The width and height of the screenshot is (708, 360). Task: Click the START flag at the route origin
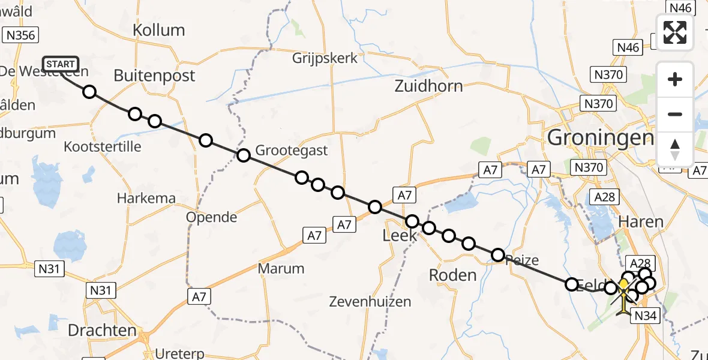61,64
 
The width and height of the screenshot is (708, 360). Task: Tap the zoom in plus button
675,80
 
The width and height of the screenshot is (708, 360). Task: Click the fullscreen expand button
675,32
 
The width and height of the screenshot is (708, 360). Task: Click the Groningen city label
600,139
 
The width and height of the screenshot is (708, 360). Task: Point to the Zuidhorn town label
428,86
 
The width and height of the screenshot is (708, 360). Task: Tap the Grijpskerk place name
325,58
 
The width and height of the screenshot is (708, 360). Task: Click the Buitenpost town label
154,76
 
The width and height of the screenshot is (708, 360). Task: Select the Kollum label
158,30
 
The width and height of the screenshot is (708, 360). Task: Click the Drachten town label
102,330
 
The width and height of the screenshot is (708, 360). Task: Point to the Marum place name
281,268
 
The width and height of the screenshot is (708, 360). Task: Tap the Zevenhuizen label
374,301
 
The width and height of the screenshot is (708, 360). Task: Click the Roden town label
453,275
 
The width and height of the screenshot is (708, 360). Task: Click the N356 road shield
20,35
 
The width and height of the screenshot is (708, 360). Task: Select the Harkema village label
146,198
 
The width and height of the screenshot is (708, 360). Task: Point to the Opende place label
211,217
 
